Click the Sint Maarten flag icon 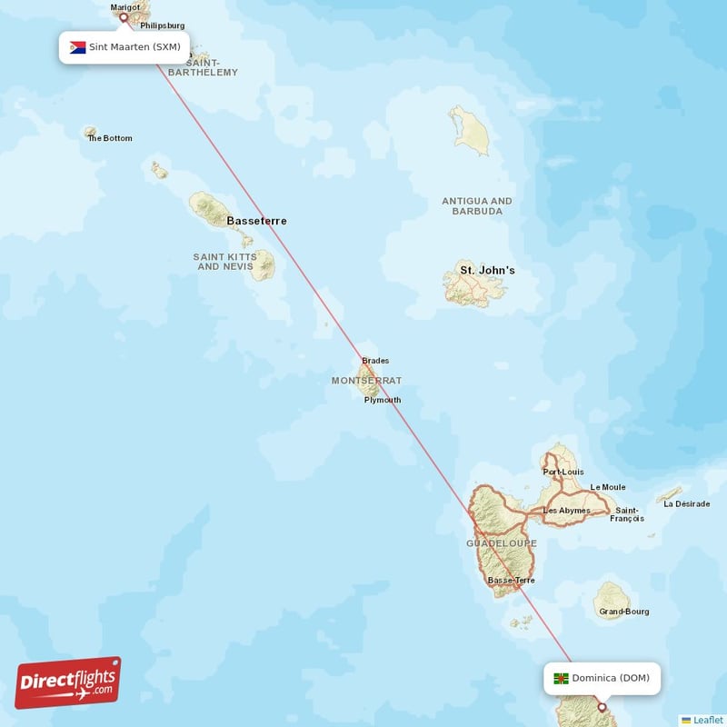coord(77,46)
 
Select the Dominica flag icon coord(562,678)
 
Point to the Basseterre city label coord(256,221)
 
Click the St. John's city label coord(487,270)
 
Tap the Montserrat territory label coord(366,381)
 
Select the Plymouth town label coord(382,400)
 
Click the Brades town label coord(375,361)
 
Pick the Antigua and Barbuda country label coord(477,206)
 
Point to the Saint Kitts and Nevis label coord(225,262)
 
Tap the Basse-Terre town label coord(512,580)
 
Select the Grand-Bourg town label coord(624,612)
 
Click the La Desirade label coord(687,503)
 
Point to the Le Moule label coord(607,487)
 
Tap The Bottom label coord(110,138)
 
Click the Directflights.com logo coord(68,682)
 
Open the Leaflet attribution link coord(707,720)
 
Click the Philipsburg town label coord(163,25)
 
